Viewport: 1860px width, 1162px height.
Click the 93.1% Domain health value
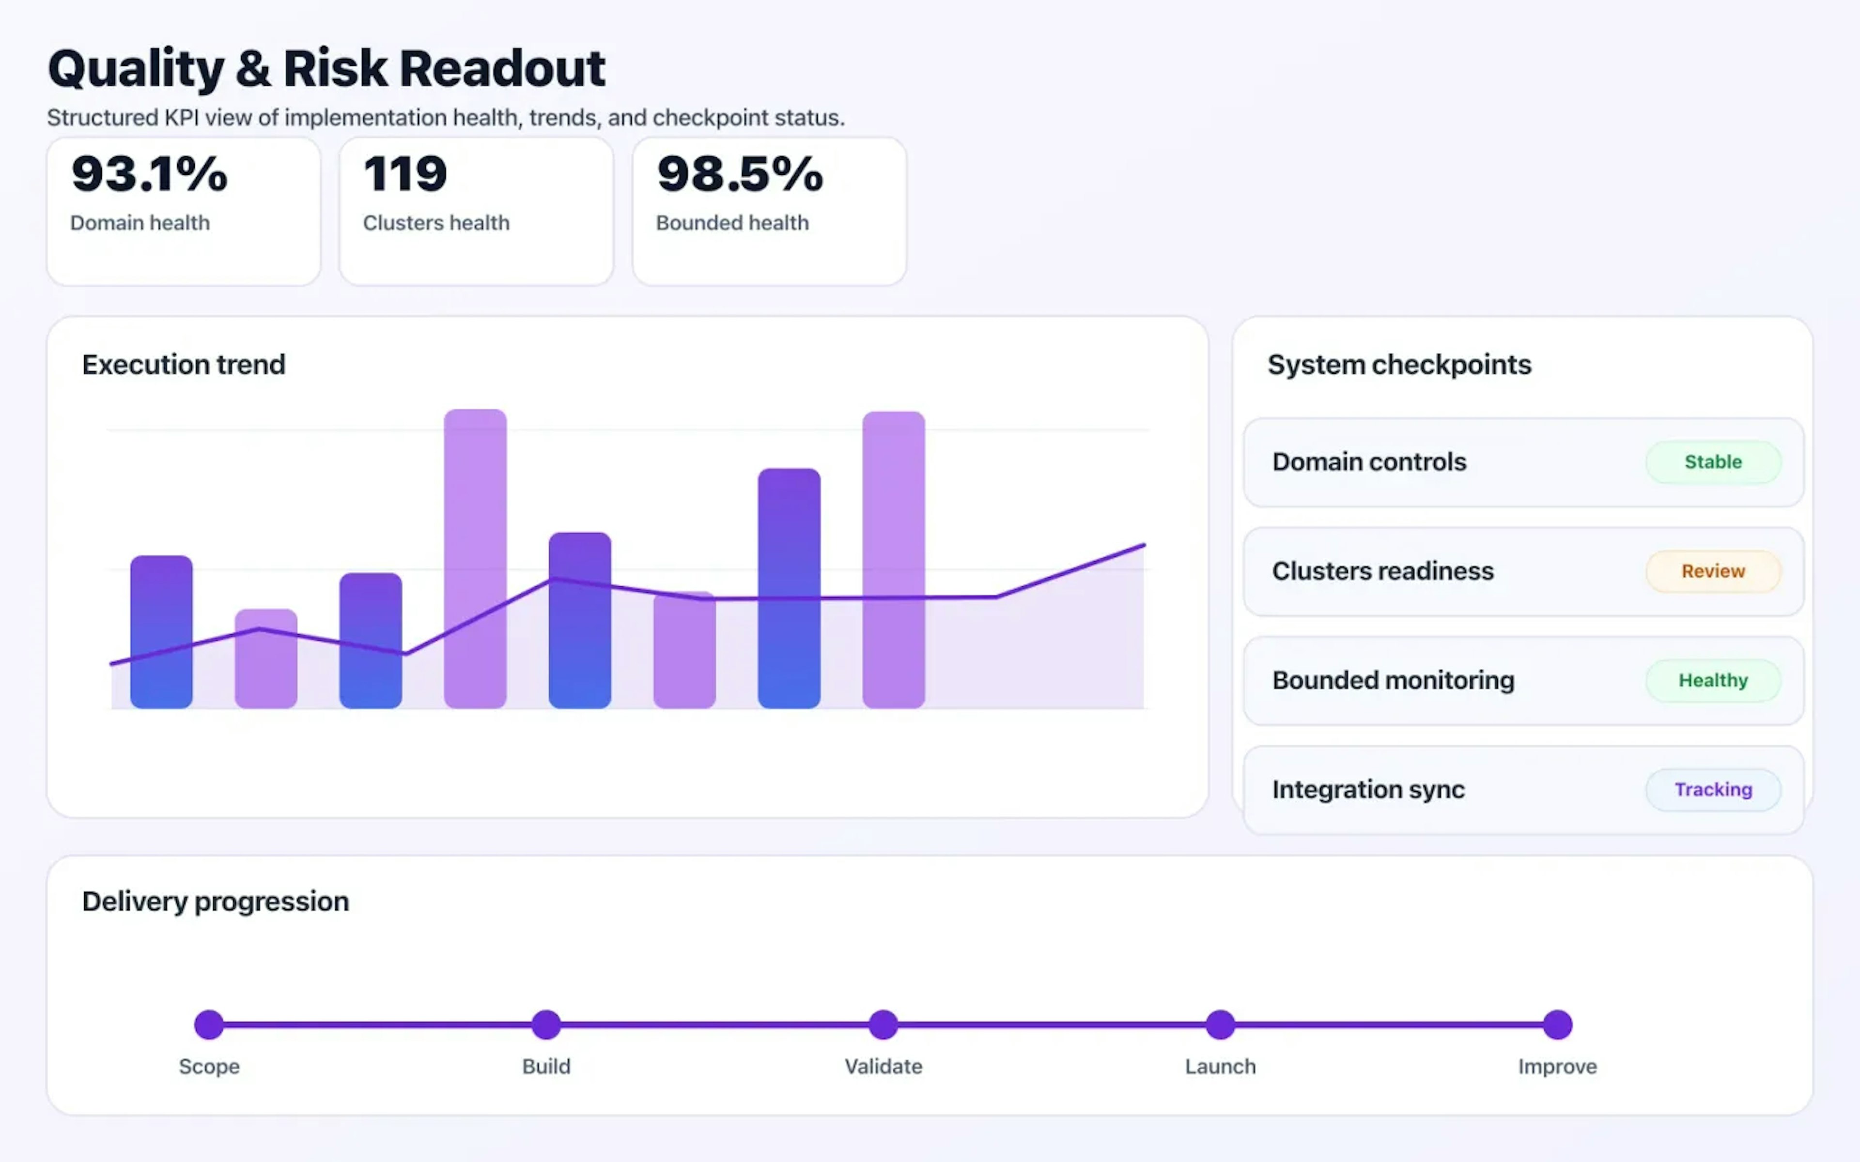tap(149, 174)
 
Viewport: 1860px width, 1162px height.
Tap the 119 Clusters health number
tap(405, 174)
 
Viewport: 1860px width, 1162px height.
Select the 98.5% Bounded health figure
tap(739, 174)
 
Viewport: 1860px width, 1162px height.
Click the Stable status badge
tap(1712, 462)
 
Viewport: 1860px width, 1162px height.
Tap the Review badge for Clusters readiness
tap(1712, 571)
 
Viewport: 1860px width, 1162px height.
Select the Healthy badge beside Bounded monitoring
tap(1712, 680)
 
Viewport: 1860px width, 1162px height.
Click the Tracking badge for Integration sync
tap(1712, 789)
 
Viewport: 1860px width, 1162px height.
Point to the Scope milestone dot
tap(209, 1024)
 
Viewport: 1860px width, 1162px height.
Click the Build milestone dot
tap(546, 1024)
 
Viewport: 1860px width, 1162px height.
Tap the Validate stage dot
tap(883, 1024)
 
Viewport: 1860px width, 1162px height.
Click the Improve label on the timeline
tap(1557, 1067)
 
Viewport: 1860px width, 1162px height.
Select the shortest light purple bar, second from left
tap(266, 658)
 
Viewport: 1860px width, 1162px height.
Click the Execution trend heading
tap(184, 364)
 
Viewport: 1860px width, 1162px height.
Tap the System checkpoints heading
tap(1399, 364)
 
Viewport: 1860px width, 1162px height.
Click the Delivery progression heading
tap(215, 901)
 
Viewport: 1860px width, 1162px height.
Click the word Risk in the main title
tap(335, 68)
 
